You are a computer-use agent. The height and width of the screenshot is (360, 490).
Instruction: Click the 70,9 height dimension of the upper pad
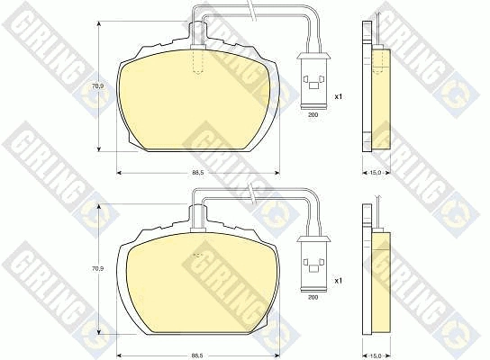[x=100, y=85]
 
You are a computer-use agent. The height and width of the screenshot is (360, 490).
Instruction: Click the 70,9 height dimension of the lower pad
[x=100, y=268]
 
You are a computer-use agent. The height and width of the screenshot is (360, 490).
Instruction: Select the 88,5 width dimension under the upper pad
[x=198, y=173]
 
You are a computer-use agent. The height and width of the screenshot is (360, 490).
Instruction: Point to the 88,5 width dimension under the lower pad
[x=198, y=355]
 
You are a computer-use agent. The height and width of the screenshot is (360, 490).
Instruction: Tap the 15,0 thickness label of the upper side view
[x=376, y=173]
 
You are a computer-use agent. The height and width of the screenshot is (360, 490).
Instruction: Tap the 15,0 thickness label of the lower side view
[x=376, y=355]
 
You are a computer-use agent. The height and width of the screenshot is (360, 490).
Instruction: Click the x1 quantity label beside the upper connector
[x=339, y=97]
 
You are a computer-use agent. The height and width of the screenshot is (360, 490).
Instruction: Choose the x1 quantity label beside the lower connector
[x=339, y=281]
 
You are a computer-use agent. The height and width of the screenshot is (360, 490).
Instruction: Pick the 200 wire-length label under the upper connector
[x=313, y=115]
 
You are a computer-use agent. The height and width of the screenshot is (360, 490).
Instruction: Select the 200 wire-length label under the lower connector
[x=313, y=298]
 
